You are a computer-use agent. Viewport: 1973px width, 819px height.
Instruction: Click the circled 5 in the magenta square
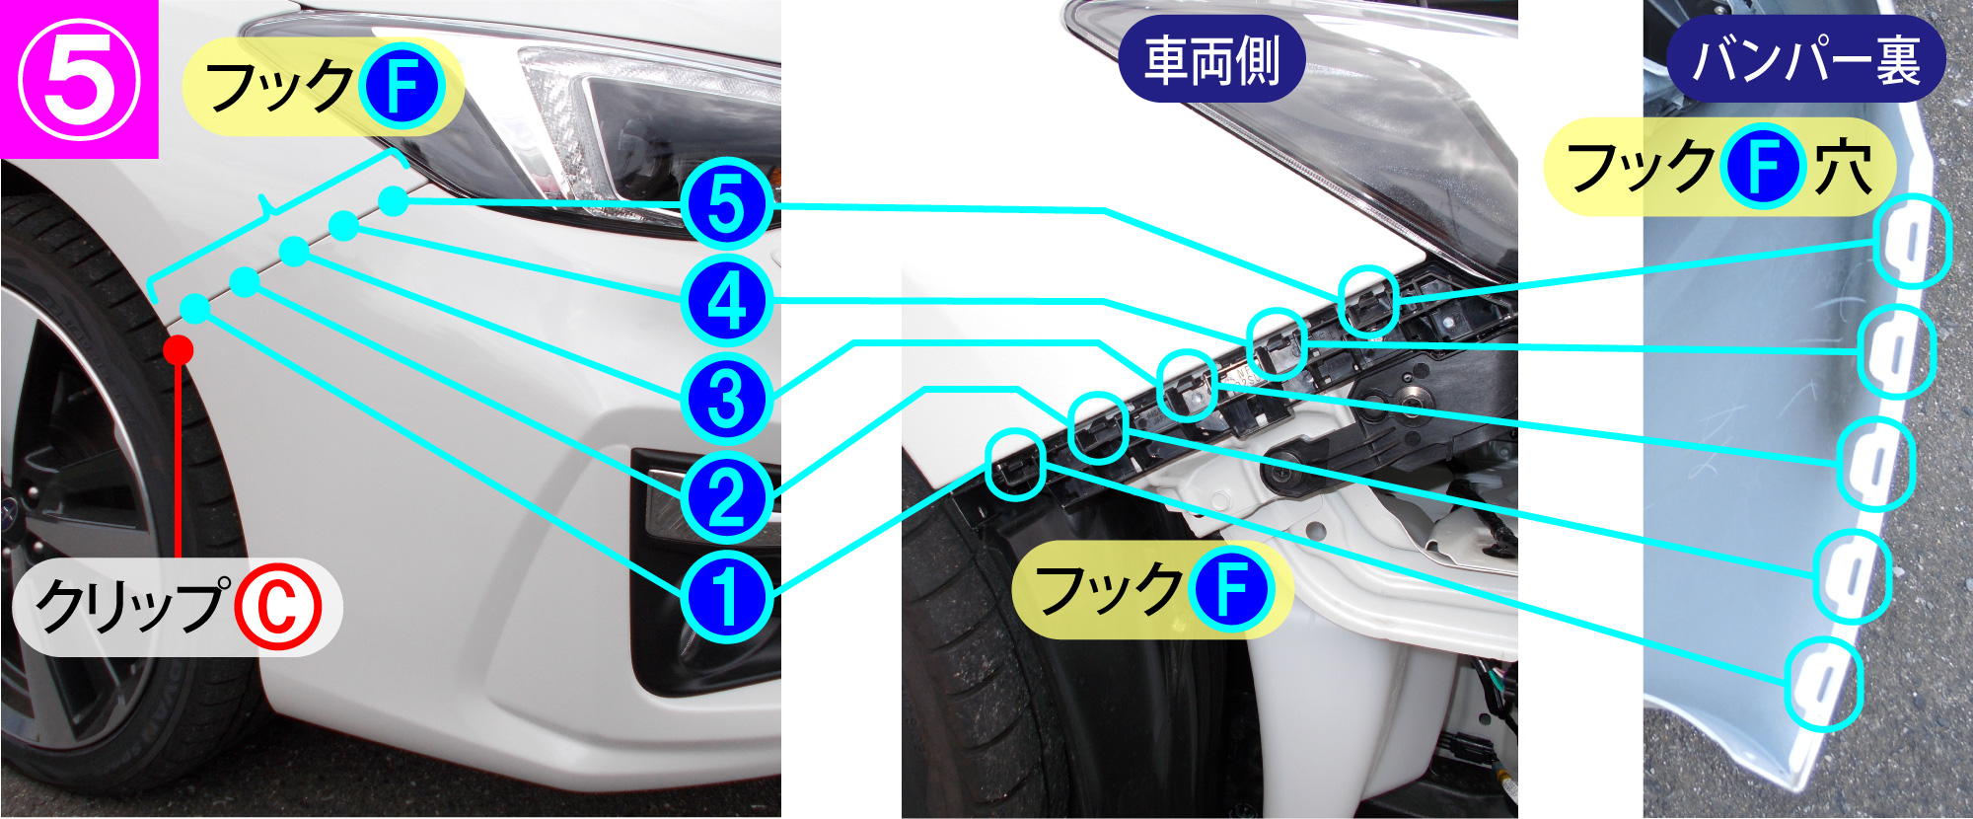point(80,80)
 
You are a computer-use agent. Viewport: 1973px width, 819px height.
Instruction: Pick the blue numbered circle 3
point(726,400)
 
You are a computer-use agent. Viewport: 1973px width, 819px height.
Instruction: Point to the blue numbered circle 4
point(726,301)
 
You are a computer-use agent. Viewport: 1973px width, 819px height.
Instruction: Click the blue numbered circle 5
point(726,204)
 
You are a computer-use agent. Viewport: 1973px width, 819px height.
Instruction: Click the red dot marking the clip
point(178,349)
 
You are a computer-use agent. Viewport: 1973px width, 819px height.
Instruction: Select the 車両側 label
point(1212,59)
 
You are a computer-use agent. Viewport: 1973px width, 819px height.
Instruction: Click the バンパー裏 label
point(1805,59)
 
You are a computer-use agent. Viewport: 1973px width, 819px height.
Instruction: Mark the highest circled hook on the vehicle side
point(1368,302)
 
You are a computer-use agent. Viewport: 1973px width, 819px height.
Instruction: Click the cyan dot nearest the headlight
point(393,201)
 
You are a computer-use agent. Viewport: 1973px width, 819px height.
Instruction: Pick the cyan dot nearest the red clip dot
point(195,309)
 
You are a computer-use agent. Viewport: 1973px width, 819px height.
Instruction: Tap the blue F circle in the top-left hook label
point(401,87)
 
